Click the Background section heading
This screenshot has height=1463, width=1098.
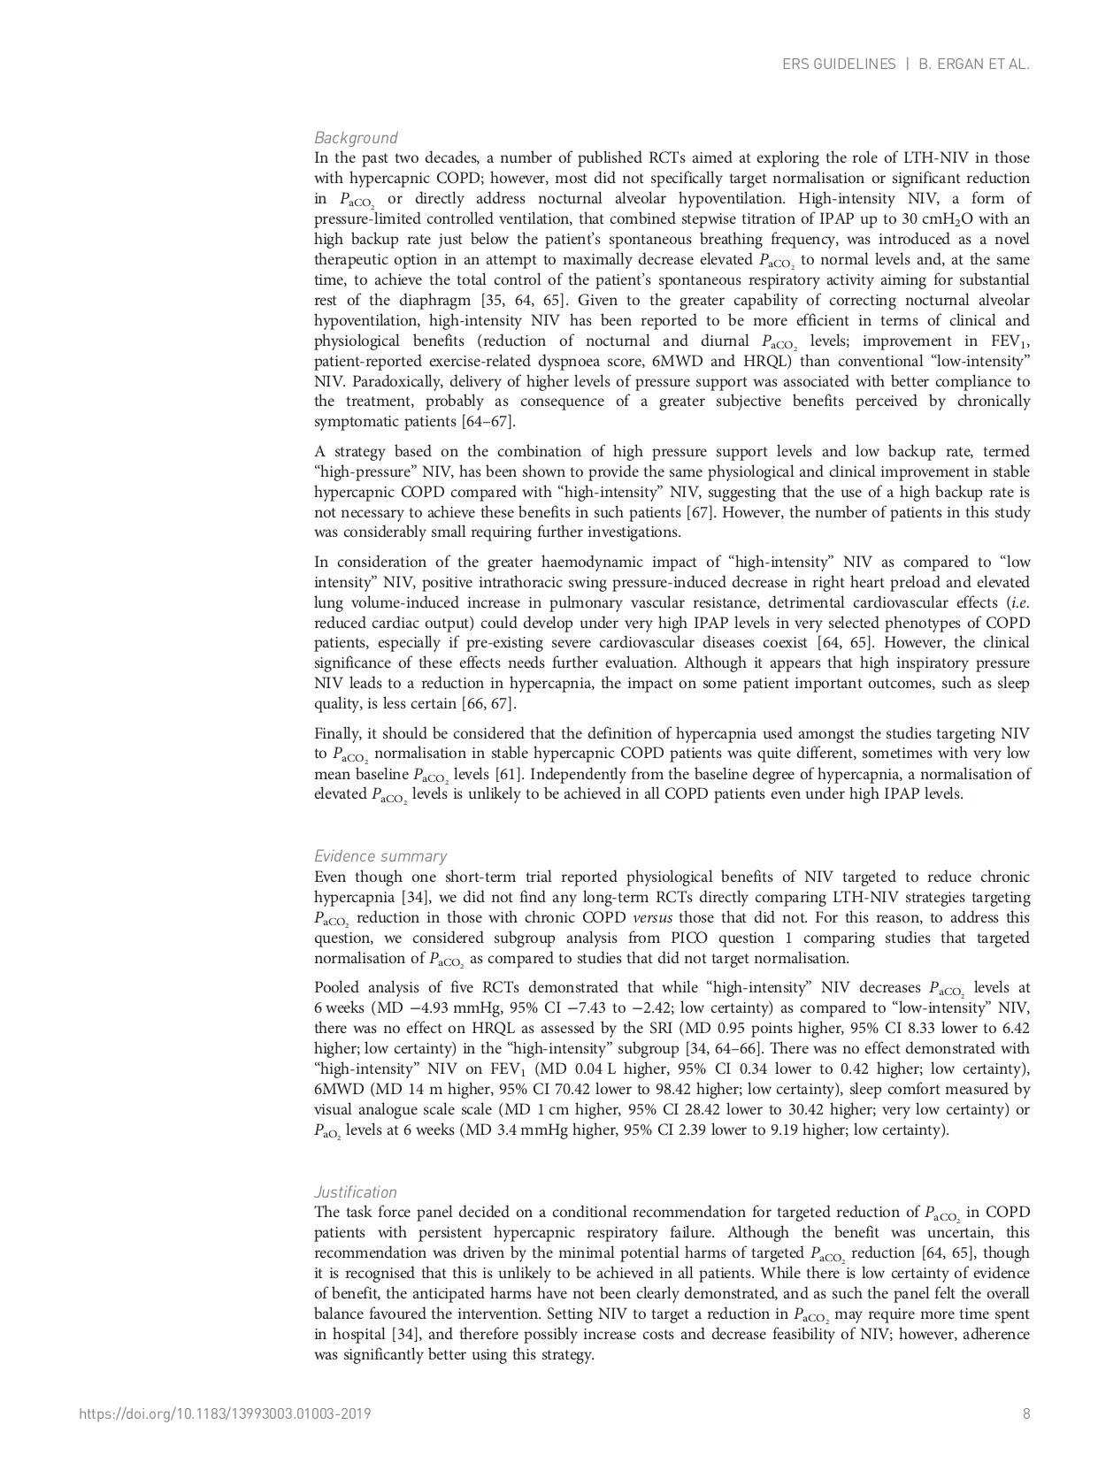pos(356,138)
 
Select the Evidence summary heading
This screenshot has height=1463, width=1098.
pos(380,856)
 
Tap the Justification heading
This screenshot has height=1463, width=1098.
pos(356,1191)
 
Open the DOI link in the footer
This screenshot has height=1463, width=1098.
pos(225,1413)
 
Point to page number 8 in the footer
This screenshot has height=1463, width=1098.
pos(1026,1413)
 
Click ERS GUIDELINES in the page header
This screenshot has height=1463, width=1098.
pos(839,65)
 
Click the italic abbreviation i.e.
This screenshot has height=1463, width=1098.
pos(1019,602)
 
